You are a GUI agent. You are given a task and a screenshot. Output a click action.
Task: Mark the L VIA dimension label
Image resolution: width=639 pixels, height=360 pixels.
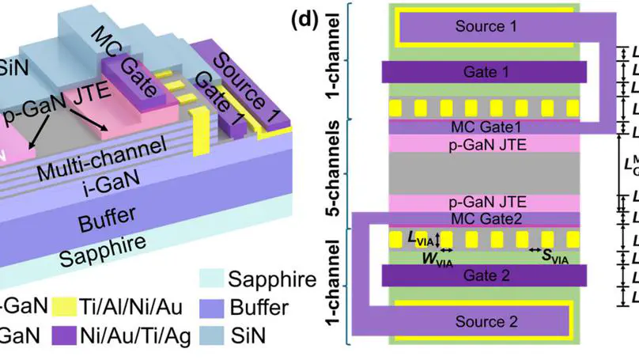pyautogui.click(x=419, y=238)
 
